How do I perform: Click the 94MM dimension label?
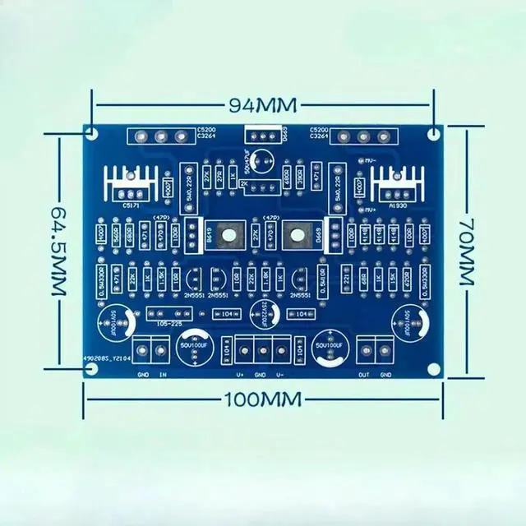261,105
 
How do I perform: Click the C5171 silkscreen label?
131,205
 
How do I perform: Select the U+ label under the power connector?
241,375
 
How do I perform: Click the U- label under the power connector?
280,375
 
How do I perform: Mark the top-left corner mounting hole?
91,131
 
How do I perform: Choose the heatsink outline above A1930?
397,182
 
